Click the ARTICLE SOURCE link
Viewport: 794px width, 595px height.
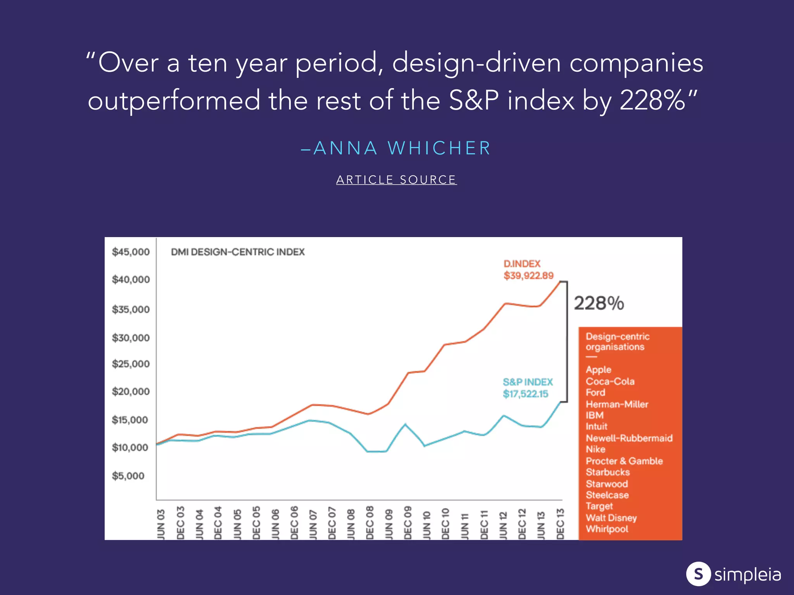tap(396, 180)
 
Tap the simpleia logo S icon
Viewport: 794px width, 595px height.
tap(698, 574)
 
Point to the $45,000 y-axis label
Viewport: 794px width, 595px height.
tap(131, 252)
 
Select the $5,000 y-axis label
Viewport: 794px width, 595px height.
tap(128, 476)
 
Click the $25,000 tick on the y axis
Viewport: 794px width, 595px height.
tap(131, 364)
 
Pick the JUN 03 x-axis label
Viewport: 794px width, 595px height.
tap(161, 524)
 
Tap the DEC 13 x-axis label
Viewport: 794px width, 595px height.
tap(560, 524)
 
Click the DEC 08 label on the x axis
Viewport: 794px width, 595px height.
tap(370, 523)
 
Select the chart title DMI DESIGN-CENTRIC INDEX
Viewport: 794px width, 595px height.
tap(238, 252)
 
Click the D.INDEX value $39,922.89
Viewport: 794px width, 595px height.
tap(528, 276)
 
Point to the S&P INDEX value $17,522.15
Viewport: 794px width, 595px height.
tap(525, 394)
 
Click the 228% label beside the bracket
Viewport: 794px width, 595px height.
tap(599, 303)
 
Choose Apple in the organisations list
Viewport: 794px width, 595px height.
tap(598, 370)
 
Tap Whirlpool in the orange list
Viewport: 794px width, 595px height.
tap(607, 529)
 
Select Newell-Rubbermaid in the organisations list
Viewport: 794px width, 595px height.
tap(629, 438)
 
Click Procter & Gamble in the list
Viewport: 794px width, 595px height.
tap(624, 461)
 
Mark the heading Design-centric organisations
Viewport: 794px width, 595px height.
tap(617, 342)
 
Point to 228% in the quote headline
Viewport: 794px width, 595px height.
tap(652, 101)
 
